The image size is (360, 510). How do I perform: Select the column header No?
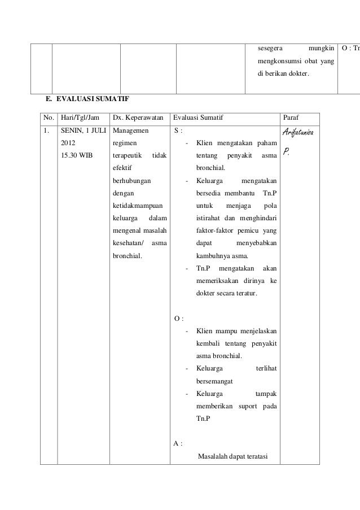click(49, 118)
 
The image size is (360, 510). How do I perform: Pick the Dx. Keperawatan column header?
click(138, 118)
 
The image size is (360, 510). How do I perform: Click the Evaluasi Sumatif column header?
click(198, 118)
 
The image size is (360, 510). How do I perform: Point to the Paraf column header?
click(291, 118)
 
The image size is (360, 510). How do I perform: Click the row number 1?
click(46, 130)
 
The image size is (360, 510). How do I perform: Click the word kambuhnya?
click(215, 255)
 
